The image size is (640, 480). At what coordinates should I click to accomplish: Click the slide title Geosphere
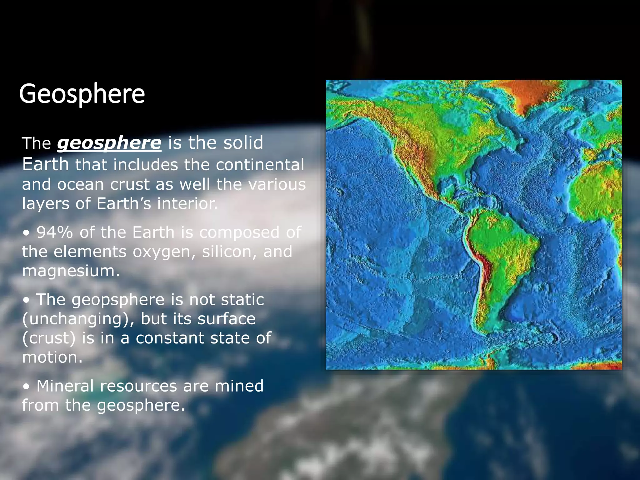point(82,94)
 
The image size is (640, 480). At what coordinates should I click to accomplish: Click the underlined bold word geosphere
point(109,143)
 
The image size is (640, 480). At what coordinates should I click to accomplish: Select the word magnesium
point(70,271)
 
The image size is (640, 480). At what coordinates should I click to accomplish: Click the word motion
point(52,357)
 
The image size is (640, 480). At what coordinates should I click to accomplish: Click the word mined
point(239,386)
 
